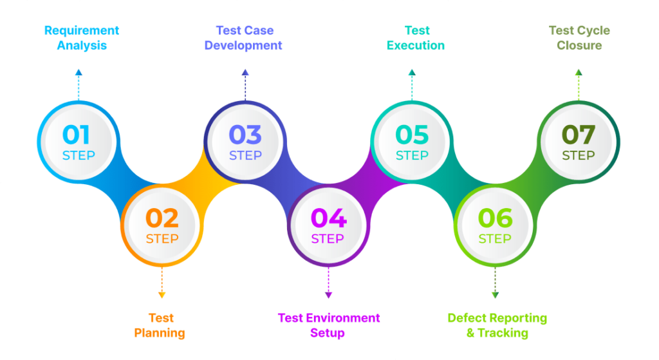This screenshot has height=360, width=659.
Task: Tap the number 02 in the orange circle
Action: (x=162, y=218)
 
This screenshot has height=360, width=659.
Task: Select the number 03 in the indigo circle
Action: (x=245, y=135)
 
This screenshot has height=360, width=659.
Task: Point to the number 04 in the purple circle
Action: (x=328, y=218)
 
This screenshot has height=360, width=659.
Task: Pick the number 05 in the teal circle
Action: (x=412, y=135)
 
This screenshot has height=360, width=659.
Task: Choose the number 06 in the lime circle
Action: (x=495, y=218)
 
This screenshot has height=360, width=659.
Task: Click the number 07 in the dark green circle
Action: (x=579, y=135)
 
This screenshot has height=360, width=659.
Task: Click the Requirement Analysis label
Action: (x=82, y=38)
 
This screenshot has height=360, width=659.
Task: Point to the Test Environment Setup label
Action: (x=328, y=325)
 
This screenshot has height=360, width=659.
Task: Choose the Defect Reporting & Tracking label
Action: (x=497, y=325)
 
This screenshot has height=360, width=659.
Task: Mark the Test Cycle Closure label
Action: (x=579, y=38)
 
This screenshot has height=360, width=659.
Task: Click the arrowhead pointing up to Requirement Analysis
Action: (x=79, y=72)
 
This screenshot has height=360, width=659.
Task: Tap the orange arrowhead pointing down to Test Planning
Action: (x=162, y=294)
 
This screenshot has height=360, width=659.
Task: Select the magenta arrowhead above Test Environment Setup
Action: (x=328, y=294)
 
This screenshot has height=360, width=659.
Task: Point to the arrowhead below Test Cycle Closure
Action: (x=579, y=72)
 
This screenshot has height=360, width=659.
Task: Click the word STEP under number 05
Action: (x=412, y=155)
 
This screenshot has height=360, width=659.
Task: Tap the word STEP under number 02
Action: (x=162, y=239)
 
